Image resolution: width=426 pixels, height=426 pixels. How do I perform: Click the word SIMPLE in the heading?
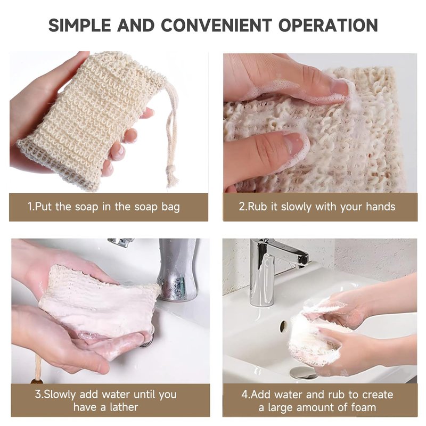(79, 25)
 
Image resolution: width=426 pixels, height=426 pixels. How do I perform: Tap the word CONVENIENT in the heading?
(216, 25)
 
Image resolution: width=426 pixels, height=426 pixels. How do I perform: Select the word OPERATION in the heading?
(328, 25)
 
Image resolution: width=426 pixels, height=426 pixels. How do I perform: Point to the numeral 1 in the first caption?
(30, 207)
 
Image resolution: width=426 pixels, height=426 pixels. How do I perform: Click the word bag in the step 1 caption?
(170, 207)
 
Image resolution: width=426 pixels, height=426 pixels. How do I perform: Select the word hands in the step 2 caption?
(380, 207)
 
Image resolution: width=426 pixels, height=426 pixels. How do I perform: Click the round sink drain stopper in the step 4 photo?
(303, 373)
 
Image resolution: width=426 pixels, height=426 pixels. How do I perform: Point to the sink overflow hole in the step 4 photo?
(283, 325)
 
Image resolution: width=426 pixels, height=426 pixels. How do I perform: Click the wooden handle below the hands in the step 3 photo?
(37, 370)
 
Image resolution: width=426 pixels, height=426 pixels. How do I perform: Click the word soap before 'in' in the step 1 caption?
(87, 207)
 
